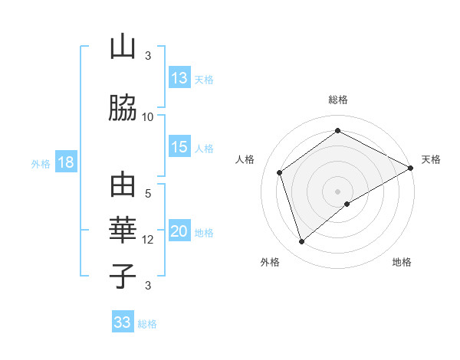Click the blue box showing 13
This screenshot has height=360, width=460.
click(179, 78)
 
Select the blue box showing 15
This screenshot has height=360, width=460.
click(179, 148)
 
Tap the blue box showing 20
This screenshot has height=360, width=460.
click(179, 232)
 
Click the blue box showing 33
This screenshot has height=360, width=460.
click(123, 322)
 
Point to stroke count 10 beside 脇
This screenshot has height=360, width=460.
click(148, 116)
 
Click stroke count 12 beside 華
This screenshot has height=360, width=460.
click(148, 240)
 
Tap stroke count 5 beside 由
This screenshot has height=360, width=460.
click(148, 194)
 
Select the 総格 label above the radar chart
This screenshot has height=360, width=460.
click(337, 100)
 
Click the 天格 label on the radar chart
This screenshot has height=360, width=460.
click(431, 159)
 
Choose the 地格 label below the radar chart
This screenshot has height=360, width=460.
click(402, 262)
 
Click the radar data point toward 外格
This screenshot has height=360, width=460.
click(301, 242)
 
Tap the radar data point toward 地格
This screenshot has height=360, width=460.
click(347, 204)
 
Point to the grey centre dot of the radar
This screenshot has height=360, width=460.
click(337, 190)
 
